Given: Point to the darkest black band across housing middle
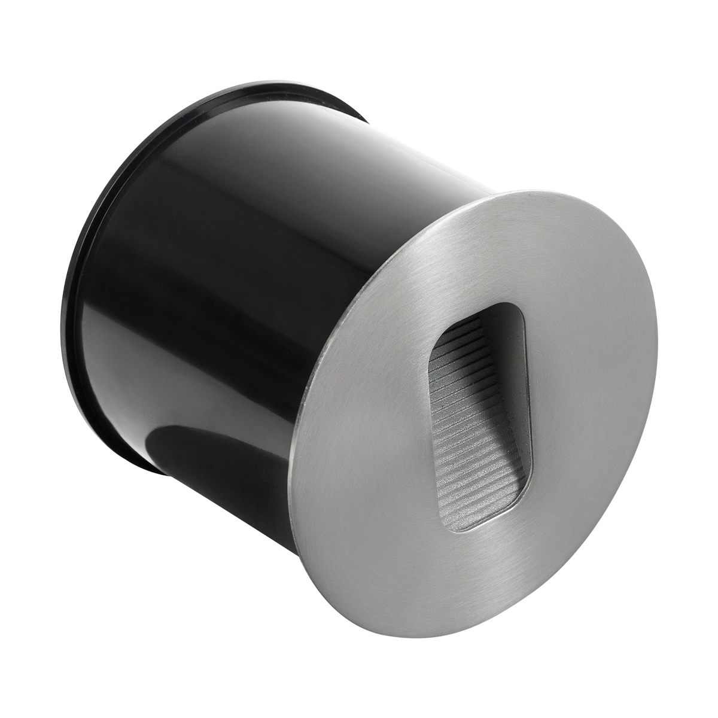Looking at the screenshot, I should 239,299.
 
